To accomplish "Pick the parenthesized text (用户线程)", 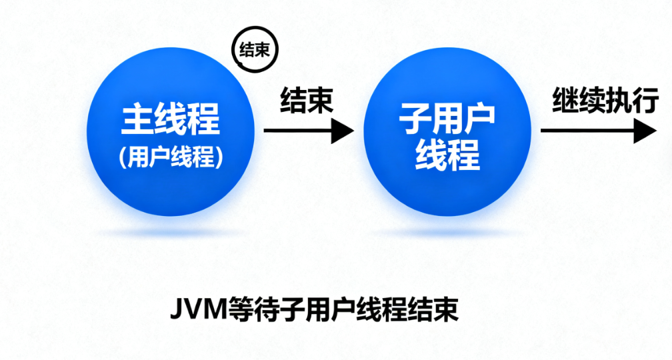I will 171,157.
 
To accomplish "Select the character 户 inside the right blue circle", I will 479,118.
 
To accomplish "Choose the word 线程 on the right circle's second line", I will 447,155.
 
